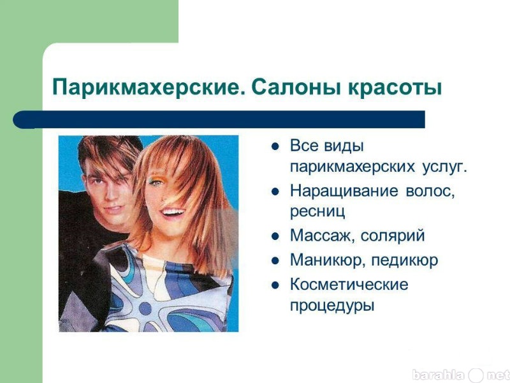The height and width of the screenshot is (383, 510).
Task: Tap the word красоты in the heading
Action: (x=395, y=88)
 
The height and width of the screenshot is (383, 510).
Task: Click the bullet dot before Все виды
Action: (x=275, y=147)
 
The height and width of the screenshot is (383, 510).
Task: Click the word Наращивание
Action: (x=344, y=191)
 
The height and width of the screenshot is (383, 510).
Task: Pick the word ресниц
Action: (x=317, y=212)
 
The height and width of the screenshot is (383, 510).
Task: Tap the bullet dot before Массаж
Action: (x=275, y=236)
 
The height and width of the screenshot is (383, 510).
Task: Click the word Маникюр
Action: (x=328, y=260)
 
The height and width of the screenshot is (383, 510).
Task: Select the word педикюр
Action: (x=405, y=260)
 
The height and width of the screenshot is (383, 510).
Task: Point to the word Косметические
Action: (x=349, y=284)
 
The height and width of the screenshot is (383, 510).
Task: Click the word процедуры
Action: (x=332, y=306)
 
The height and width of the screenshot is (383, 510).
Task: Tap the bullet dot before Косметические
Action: (x=275, y=285)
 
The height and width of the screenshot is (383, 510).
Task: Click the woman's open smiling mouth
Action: (x=172, y=214)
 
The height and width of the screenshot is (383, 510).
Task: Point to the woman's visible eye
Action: (x=155, y=182)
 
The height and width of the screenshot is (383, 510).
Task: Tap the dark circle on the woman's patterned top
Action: (x=145, y=308)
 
